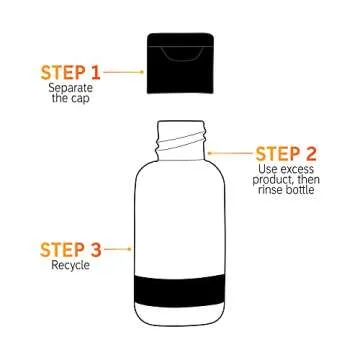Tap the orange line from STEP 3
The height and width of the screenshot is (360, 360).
tap(118, 247)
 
